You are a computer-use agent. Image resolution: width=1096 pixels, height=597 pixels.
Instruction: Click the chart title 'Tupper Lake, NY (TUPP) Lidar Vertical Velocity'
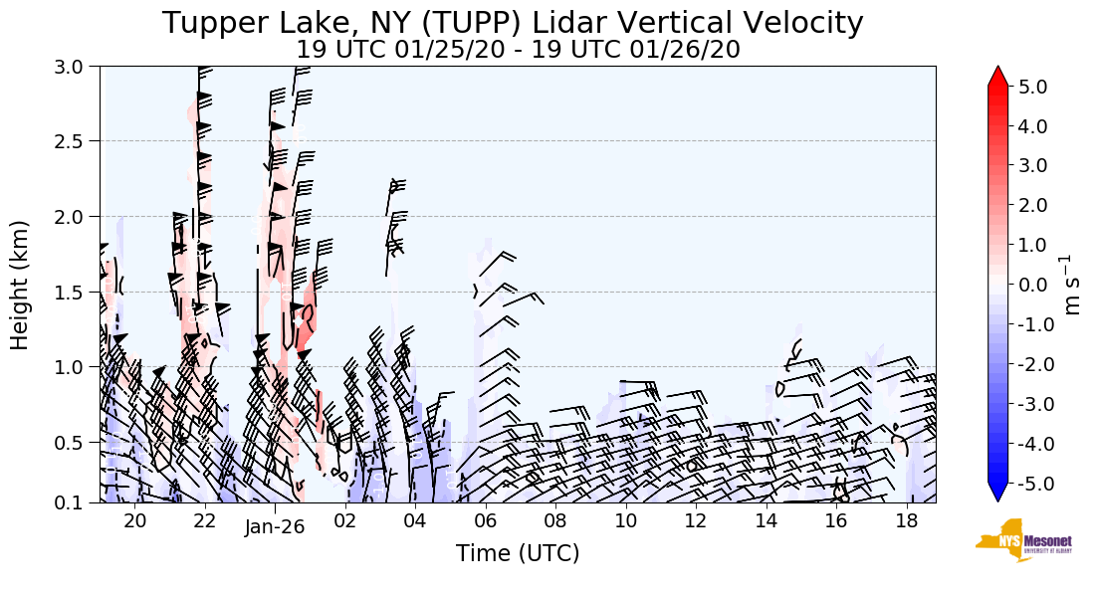[x=513, y=22]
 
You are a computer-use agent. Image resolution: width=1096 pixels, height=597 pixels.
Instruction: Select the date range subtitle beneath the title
[x=518, y=49]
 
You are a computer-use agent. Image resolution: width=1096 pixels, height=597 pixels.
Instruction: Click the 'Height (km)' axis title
[x=21, y=285]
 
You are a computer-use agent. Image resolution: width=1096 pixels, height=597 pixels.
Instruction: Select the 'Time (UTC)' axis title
[x=518, y=553]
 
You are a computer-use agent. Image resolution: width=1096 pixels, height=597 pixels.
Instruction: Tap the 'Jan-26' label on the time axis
[x=275, y=526]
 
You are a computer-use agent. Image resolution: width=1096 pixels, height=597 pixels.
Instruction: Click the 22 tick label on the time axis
[x=204, y=522]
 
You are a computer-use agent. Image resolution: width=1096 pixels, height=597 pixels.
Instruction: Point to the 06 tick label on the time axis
[x=486, y=522]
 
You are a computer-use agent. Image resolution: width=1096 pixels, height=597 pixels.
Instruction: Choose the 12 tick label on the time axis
[x=696, y=522]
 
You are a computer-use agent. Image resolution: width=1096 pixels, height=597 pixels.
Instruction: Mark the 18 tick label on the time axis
[x=906, y=522]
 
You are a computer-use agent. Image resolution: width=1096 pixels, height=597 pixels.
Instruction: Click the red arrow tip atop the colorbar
[x=998, y=76]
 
